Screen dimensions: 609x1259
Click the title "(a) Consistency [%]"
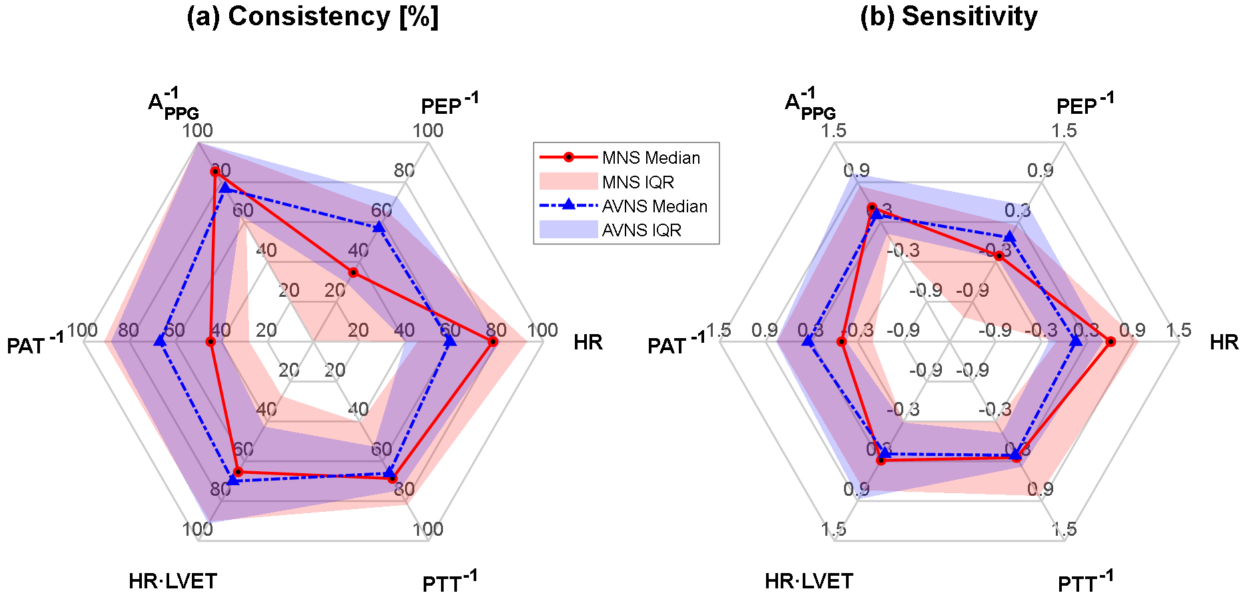click(x=312, y=17)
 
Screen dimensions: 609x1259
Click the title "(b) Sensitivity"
click(x=949, y=17)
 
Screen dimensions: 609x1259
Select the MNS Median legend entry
click(x=651, y=158)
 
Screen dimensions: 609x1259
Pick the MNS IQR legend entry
click(x=637, y=182)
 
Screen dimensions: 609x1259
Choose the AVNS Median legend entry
click(x=654, y=206)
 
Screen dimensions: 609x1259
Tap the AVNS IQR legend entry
click(x=641, y=230)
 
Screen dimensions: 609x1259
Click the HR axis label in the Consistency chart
click(x=588, y=342)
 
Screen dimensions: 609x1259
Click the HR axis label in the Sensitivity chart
click(x=1224, y=342)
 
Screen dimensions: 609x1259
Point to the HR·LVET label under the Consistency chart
click(x=173, y=581)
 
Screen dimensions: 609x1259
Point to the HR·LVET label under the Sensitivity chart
click(x=809, y=581)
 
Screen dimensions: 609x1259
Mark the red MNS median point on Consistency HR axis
click(x=493, y=342)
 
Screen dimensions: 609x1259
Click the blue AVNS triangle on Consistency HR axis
click(x=450, y=341)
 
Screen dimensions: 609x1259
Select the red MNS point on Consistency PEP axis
click(x=353, y=273)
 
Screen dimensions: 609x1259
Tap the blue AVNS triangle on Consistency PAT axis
click(x=159, y=341)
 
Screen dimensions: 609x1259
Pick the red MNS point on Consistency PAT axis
click(x=210, y=342)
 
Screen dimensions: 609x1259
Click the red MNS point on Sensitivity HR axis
click(x=1110, y=342)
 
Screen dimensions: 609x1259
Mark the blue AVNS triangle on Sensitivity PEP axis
click(x=1010, y=237)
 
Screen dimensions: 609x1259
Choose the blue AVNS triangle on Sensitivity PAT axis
click(x=808, y=341)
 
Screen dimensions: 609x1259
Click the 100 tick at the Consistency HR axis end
click(x=542, y=330)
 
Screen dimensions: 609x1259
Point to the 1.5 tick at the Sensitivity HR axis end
click(x=1178, y=330)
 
